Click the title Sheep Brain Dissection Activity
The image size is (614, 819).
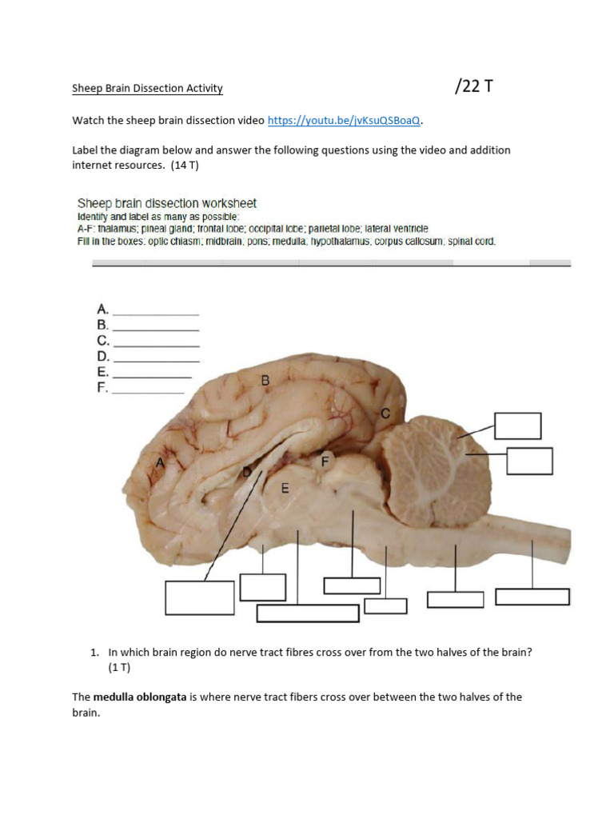click(x=147, y=89)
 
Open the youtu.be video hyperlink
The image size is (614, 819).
click(x=344, y=121)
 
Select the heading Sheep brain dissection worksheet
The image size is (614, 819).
click(x=166, y=203)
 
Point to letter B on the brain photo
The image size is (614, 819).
click(x=265, y=381)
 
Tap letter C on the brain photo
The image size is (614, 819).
click(x=385, y=413)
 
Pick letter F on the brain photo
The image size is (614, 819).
click(x=325, y=461)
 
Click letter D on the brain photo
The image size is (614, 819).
click(x=247, y=473)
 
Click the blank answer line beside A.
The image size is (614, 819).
click(x=156, y=313)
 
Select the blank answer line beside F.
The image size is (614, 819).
click(x=148, y=392)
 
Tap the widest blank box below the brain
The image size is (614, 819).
click(x=308, y=613)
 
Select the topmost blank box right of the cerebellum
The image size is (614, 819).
click(x=517, y=425)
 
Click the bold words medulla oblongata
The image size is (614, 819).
click(x=139, y=697)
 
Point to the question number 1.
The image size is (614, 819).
click(x=94, y=652)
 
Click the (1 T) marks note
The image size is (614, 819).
click(x=120, y=666)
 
